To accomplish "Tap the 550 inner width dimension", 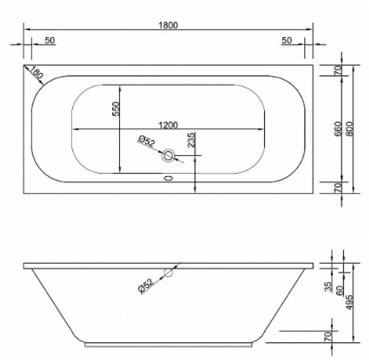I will [x=117, y=110].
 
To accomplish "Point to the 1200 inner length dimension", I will [x=169, y=125].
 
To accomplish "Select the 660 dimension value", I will [x=338, y=127].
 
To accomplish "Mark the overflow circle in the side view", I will [x=169, y=272].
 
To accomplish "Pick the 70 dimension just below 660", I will [x=338, y=186].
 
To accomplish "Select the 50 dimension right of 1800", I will [x=287, y=39].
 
